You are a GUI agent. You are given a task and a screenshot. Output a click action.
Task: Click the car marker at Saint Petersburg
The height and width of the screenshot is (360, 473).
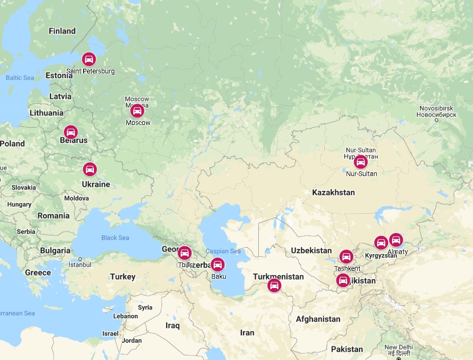coord(88,59)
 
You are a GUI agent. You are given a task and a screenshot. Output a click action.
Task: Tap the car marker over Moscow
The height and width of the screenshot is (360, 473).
coord(137,111)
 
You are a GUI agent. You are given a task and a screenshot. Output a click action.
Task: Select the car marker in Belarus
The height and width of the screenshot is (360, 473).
coord(71,132)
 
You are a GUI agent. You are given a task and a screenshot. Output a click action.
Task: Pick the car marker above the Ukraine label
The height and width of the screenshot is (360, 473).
coord(90,169)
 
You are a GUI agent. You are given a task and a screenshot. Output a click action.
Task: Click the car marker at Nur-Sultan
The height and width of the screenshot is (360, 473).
coord(360,162)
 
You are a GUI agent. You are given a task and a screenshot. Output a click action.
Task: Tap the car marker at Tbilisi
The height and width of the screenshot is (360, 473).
coord(184,253)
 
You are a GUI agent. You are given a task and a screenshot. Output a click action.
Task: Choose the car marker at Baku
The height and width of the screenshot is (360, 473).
coord(217,265)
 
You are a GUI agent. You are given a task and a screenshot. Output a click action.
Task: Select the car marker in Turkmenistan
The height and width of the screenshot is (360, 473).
coord(274,285)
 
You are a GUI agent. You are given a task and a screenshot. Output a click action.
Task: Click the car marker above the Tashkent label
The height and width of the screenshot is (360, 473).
coord(346,256)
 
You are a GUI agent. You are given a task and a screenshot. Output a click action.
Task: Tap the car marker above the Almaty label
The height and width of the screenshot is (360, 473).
coord(396,240)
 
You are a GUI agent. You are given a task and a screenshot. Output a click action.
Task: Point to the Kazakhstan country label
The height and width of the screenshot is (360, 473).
coord(333,192)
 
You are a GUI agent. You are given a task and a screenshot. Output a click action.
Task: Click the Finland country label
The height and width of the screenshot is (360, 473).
coord(62,31)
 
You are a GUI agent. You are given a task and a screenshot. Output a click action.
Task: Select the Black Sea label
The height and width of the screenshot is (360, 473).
coord(115,238)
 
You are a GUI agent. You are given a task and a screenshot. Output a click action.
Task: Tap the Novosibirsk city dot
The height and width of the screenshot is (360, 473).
coord(436,120)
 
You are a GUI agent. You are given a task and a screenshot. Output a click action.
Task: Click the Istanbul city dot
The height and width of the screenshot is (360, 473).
coord(80,259)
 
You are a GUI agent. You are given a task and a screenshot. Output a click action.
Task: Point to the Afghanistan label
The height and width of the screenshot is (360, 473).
coord(318,319)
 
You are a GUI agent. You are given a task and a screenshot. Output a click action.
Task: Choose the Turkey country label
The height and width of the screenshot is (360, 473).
coord(123,277)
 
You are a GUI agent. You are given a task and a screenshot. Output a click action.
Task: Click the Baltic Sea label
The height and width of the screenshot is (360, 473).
coord(20,78)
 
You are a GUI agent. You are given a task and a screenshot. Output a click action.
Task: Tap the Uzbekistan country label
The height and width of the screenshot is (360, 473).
coord(311,250)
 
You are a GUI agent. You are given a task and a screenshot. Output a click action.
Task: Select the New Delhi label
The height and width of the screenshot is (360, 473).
coord(398,347)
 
